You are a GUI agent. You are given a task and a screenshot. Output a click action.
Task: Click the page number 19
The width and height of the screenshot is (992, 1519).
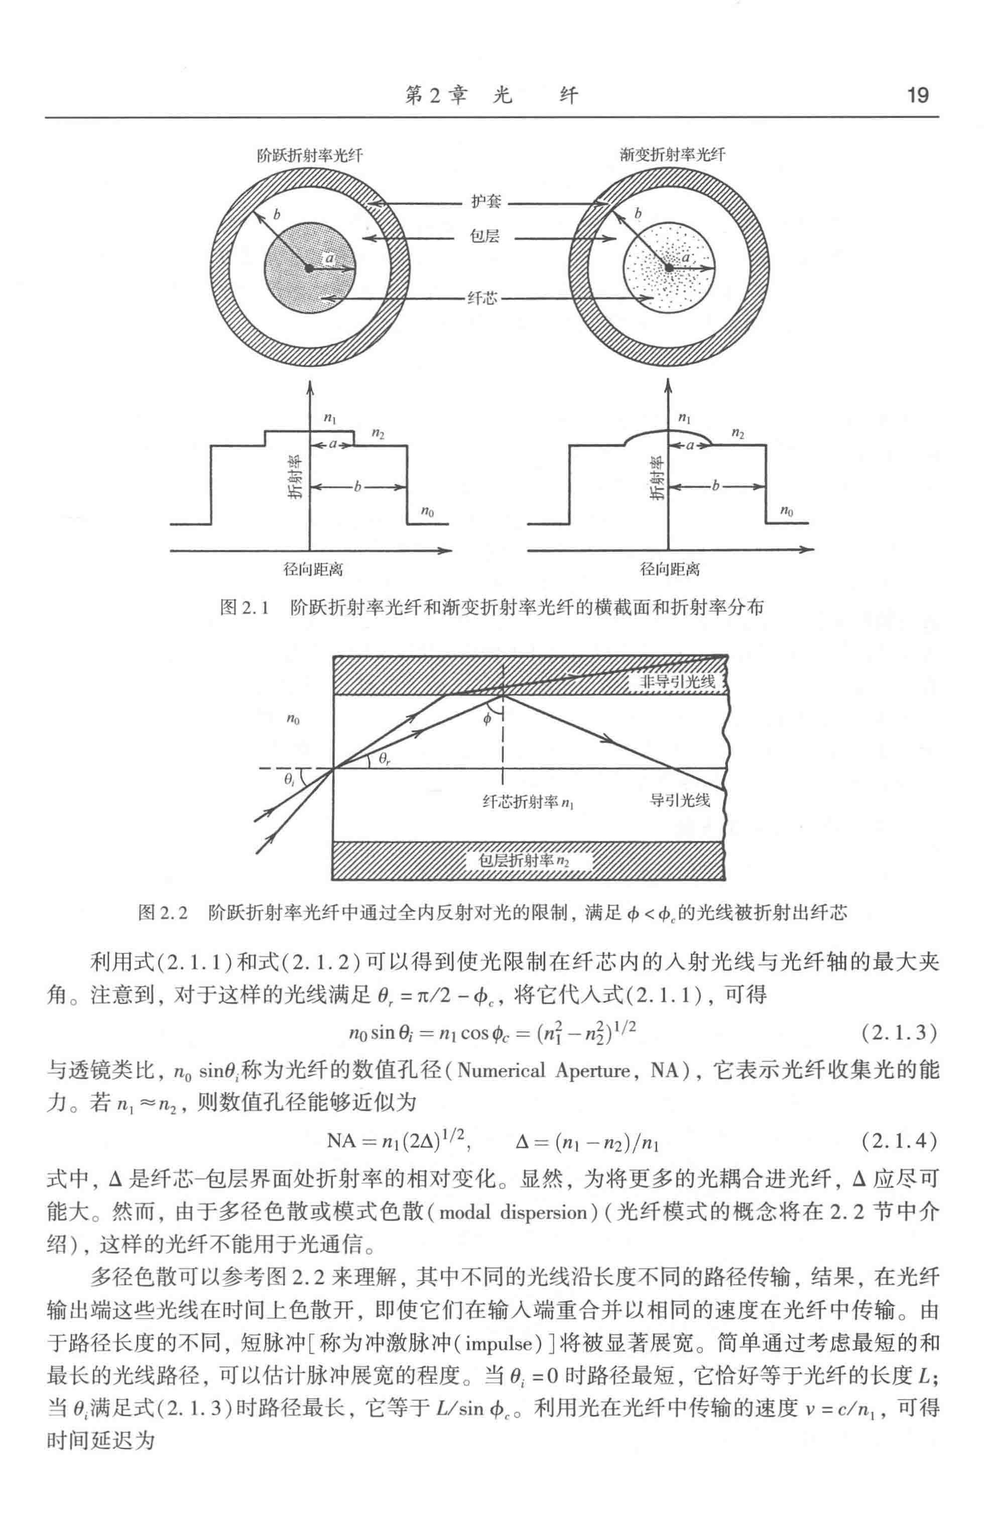pos(917,96)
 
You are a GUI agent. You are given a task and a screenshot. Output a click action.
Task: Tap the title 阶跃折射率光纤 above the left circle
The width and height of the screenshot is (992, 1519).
pos(310,155)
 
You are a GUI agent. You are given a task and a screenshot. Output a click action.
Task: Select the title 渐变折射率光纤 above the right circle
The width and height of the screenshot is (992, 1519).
pos(671,155)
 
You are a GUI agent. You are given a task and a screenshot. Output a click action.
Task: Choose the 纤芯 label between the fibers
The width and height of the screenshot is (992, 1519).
pos(482,298)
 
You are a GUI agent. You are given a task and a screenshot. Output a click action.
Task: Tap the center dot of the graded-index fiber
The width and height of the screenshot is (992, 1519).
pos(669,267)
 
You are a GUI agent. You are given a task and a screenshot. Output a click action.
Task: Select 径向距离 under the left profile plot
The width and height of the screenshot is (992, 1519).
pos(313,569)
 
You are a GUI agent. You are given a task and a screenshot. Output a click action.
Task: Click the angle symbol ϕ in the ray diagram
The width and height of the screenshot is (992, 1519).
pos(487,719)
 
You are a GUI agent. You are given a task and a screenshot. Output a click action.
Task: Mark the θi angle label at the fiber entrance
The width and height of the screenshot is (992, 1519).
pos(290,779)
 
